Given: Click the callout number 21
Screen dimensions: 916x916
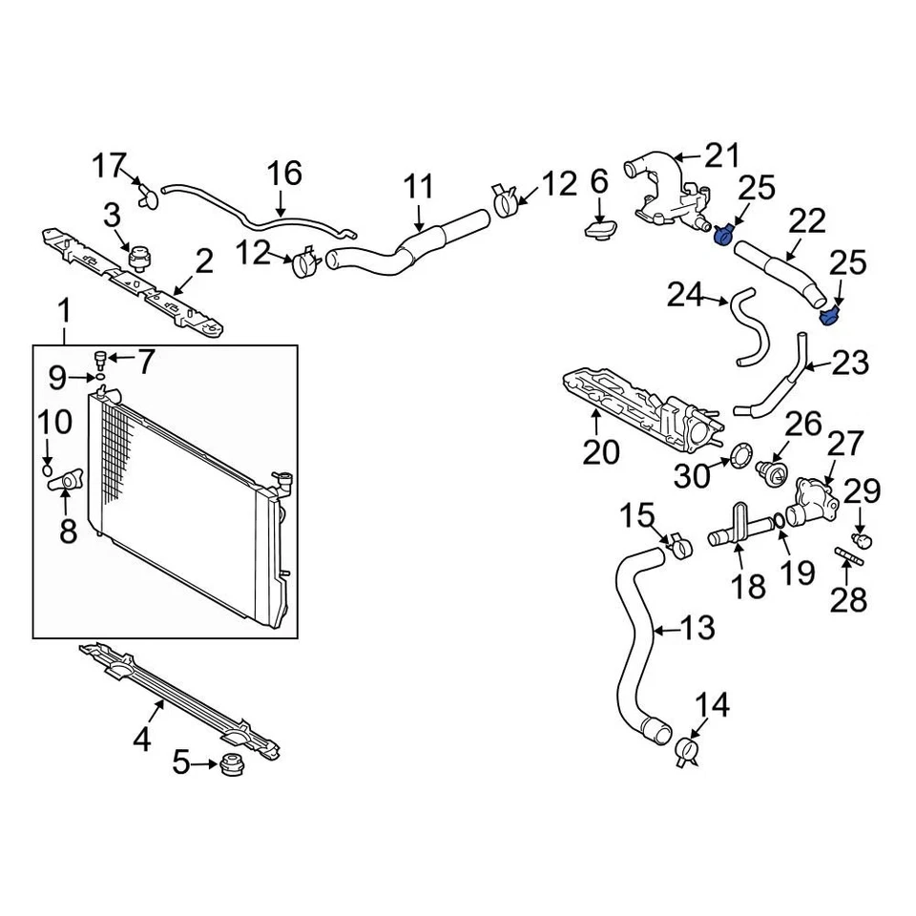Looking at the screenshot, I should click(722, 155).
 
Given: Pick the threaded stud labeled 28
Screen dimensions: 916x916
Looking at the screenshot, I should click(848, 558).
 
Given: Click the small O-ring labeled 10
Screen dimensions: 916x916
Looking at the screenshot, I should click(48, 468).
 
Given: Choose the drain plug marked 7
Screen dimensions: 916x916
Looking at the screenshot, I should click(99, 359).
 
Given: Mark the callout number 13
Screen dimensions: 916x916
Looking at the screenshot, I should click(697, 628).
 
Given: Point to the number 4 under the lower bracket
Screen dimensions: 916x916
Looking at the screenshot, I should click(141, 739).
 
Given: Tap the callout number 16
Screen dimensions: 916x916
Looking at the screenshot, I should click(283, 174).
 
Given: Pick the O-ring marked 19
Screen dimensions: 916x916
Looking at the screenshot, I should click(780, 521).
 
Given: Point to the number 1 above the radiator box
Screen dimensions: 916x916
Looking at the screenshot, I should click(65, 310).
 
